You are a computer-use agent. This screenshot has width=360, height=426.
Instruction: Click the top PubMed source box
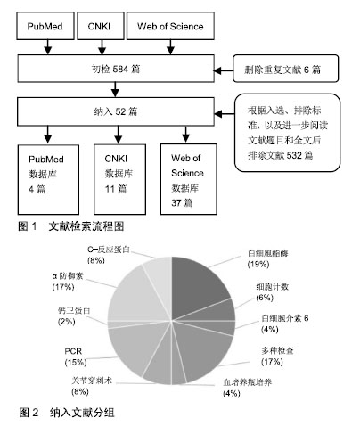pyautogui.click(x=45, y=26)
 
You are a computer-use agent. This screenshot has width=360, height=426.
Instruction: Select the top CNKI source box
pyautogui.click(x=101, y=26)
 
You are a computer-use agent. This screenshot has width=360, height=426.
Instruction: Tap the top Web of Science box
pyautogui.click(x=170, y=26)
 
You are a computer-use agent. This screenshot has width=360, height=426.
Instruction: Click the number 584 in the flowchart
pyautogui.click(x=120, y=70)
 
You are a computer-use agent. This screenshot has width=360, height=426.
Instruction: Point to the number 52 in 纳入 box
pyautogui.click(x=120, y=111)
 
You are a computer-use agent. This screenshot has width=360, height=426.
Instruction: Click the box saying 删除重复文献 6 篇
pyautogui.click(x=286, y=69)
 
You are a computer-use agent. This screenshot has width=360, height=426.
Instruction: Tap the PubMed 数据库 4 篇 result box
pyautogui.click(x=48, y=179)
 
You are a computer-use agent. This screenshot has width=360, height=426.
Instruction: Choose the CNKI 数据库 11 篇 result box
pyautogui.click(x=119, y=179)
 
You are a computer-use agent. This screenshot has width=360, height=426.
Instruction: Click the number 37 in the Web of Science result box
pyautogui.click(x=176, y=203)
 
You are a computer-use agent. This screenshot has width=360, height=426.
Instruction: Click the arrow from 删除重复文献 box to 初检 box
pyautogui.click(x=224, y=70)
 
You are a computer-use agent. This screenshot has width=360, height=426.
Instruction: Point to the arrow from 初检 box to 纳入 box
pyautogui.click(x=115, y=89)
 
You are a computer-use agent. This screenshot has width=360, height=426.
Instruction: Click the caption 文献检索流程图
pyautogui.click(x=86, y=226)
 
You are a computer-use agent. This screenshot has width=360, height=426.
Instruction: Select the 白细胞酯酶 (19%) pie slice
pyautogui.click(x=198, y=285)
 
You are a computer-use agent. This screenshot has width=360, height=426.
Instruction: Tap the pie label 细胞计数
pyautogui.click(x=273, y=287)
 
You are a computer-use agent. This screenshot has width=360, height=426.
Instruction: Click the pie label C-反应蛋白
pyautogui.click(x=109, y=250)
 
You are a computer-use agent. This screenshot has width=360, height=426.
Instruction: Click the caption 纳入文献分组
pyautogui.click(x=82, y=413)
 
